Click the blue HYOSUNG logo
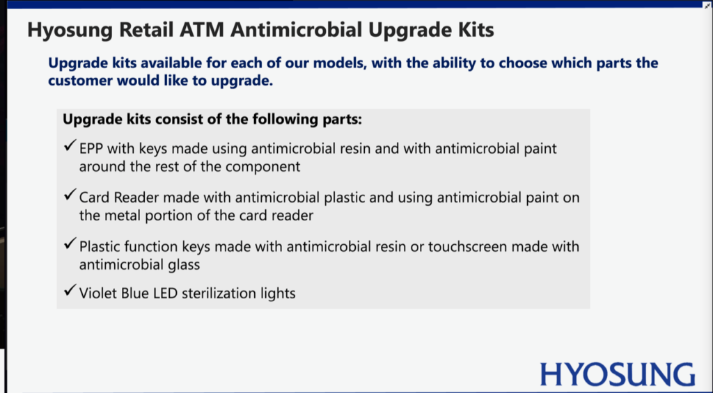(618, 375)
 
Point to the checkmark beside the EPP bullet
(70, 146)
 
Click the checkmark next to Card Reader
(70, 195)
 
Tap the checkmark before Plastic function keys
(70, 244)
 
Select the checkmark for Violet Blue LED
(70, 290)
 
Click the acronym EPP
(91, 149)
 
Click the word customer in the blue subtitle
(81, 81)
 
